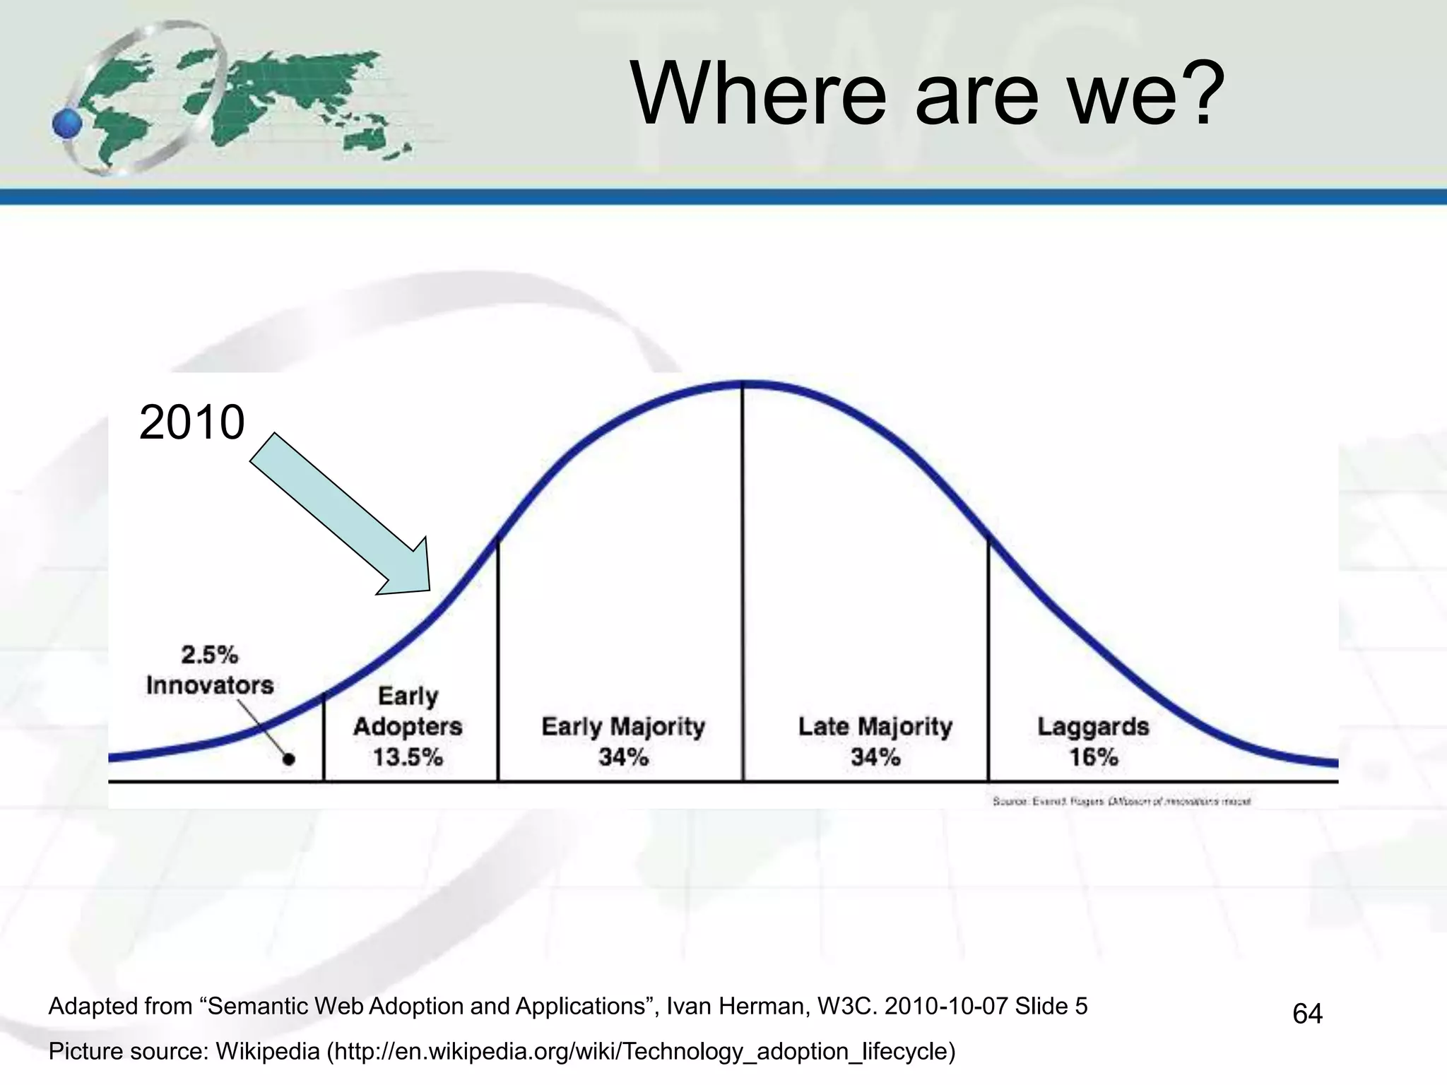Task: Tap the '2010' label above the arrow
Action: pyautogui.click(x=191, y=422)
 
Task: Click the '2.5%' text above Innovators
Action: pyautogui.click(x=210, y=655)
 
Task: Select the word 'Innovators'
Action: pyautogui.click(x=210, y=685)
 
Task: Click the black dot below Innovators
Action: pyautogui.click(x=288, y=759)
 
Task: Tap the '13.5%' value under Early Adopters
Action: pyautogui.click(x=408, y=757)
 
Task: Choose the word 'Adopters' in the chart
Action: pyautogui.click(x=408, y=726)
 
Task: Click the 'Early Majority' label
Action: pyautogui.click(x=623, y=726)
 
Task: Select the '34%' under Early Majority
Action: pyautogui.click(x=623, y=757)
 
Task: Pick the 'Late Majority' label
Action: pyautogui.click(x=875, y=726)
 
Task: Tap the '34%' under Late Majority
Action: pyautogui.click(x=875, y=757)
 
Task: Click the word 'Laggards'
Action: pyautogui.click(x=1093, y=726)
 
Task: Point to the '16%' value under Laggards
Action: pyautogui.click(x=1093, y=757)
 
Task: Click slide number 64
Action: pyautogui.click(x=1307, y=1014)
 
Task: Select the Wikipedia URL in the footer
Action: pyautogui.click(x=640, y=1052)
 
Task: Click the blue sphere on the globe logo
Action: pyautogui.click(x=67, y=124)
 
